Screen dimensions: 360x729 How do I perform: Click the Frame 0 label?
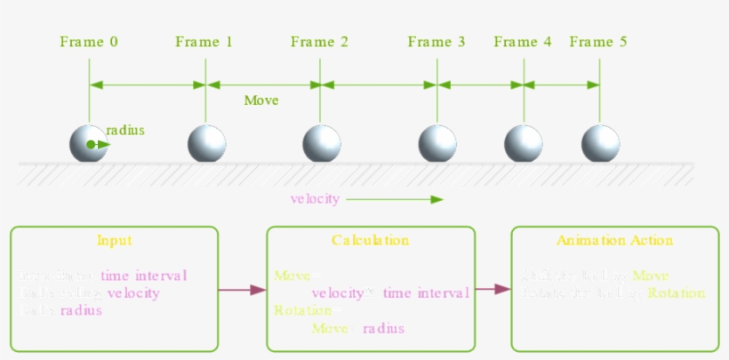(89, 42)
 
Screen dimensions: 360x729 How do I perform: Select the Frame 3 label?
(436, 42)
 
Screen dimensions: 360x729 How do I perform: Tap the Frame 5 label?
(598, 42)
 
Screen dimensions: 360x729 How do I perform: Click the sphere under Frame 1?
(206, 144)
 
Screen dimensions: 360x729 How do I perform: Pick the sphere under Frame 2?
(321, 144)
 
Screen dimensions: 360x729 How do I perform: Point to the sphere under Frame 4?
(523, 144)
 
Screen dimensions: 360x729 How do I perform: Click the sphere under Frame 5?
(600, 144)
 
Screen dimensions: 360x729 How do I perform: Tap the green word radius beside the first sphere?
(125, 131)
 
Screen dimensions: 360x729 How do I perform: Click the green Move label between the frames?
(261, 100)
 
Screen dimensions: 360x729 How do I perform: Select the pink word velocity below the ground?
(315, 198)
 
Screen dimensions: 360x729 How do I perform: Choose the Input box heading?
(115, 241)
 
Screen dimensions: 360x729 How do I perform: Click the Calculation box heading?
(370, 241)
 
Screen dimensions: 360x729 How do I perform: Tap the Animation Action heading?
(614, 241)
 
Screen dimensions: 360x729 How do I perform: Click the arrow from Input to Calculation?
(242, 289)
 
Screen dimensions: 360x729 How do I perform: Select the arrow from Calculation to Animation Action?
(493, 289)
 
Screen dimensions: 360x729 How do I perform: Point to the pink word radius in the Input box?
(82, 310)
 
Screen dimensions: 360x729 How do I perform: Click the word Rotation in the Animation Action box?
(677, 293)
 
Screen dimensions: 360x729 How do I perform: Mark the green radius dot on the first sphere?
(91, 144)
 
